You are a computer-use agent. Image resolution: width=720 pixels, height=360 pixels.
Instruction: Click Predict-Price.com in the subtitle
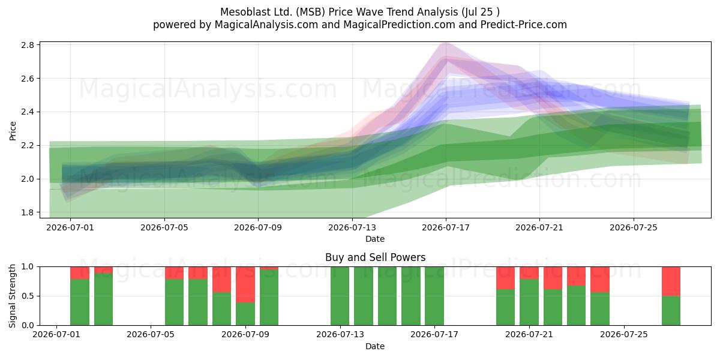click(524, 25)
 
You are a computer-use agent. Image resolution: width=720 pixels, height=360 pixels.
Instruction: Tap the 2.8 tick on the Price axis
click(28, 45)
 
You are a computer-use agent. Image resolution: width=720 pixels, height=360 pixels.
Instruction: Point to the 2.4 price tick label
click(28, 112)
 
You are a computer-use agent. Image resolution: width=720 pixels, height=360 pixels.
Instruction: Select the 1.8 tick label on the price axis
click(28, 212)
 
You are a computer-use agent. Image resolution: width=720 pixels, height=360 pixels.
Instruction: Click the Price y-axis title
click(13, 131)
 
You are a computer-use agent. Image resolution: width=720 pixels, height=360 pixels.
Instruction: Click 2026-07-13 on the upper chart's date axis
click(352, 227)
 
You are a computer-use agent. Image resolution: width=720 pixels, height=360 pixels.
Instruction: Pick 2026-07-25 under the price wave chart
click(634, 227)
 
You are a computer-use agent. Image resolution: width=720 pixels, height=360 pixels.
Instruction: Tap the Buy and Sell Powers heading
click(375, 257)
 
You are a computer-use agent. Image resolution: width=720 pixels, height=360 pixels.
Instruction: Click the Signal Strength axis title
click(12, 296)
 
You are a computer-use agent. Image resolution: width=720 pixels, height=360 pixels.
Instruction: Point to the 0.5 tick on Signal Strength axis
click(28, 296)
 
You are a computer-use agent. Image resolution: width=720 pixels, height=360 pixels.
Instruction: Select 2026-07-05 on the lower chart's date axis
click(151, 334)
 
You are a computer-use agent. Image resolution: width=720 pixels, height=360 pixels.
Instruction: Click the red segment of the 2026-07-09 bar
click(245, 284)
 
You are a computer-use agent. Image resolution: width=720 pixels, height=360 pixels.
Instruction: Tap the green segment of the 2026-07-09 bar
click(245, 314)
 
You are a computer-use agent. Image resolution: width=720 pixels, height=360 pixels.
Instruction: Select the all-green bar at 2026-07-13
click(340, 296)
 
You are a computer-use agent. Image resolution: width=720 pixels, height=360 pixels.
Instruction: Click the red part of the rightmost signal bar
click(671, 281)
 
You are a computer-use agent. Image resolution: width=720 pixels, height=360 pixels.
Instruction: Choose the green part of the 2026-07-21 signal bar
click(529, 302)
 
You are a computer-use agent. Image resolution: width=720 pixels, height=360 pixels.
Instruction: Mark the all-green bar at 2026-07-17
click(434, 296)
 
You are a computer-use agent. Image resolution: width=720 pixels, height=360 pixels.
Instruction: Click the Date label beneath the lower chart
click(375, 346)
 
